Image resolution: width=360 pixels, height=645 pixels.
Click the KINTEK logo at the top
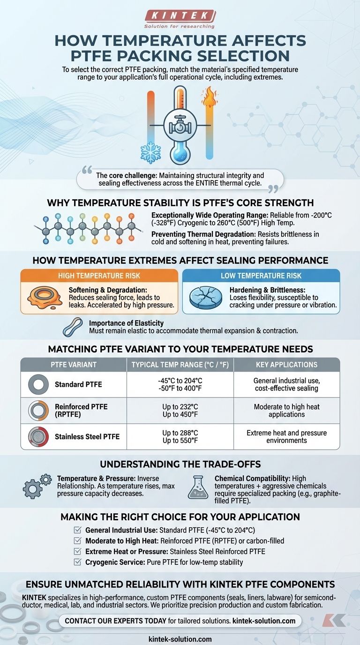[180, 16]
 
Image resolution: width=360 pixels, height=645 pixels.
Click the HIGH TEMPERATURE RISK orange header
[99, 276]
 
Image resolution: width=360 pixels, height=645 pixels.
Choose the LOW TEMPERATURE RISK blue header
[261, 276]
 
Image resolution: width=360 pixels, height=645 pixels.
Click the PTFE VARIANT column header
[74, 365]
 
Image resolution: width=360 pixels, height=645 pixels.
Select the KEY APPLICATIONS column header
[286, 365]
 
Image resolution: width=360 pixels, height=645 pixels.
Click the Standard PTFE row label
[78, 385]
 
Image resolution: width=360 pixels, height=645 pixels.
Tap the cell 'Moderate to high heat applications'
[286, 411]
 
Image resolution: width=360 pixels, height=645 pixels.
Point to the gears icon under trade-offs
[37, 487]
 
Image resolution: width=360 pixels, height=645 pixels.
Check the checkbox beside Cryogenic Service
[78, 562]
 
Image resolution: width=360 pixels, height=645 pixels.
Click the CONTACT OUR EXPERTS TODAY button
[180, 621]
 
